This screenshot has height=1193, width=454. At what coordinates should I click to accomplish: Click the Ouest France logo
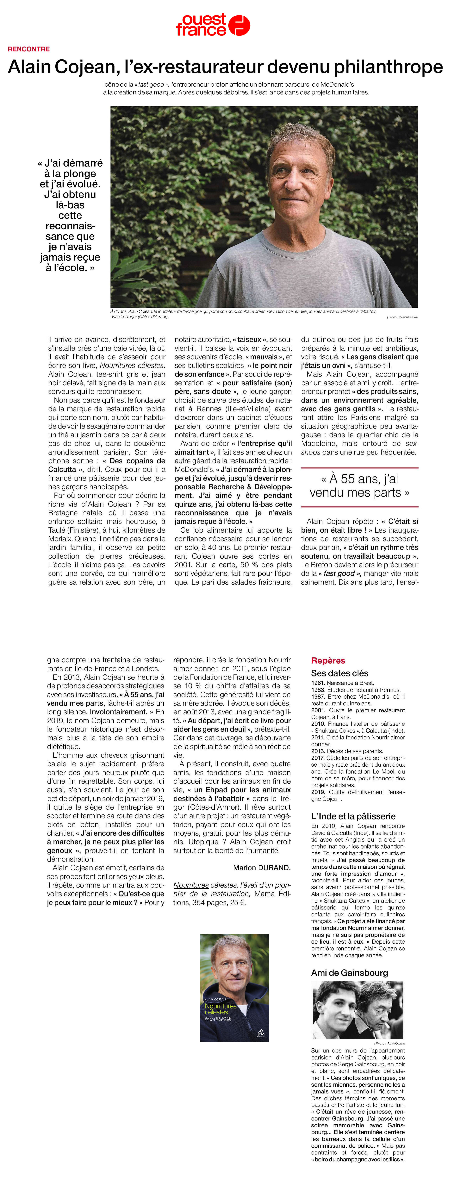tap(213, 25)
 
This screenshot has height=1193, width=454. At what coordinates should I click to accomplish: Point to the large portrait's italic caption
tap(243, 314)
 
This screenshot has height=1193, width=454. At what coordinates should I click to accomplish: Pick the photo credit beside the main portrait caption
tap(402, 317)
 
